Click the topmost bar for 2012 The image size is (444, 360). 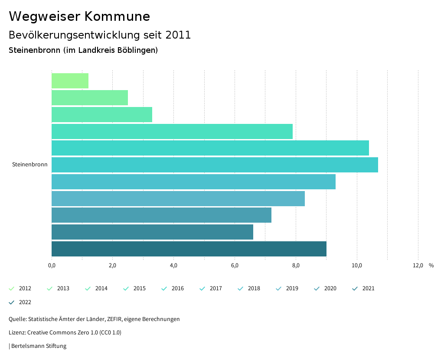[70, 81]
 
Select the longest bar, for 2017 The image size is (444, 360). [215, 165]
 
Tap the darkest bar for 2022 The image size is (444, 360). [189, 249]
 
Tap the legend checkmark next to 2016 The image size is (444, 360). [164, 289]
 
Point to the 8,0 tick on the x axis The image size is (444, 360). [296, 266]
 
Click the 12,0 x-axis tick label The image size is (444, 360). [418, 266]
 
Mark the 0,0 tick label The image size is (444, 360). [52, 266]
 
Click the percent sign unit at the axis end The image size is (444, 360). [431, 266]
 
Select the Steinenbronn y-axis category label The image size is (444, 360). [30, 165]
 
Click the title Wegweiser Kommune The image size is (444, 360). [79, 16]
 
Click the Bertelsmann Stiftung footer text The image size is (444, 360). [39, 346]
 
